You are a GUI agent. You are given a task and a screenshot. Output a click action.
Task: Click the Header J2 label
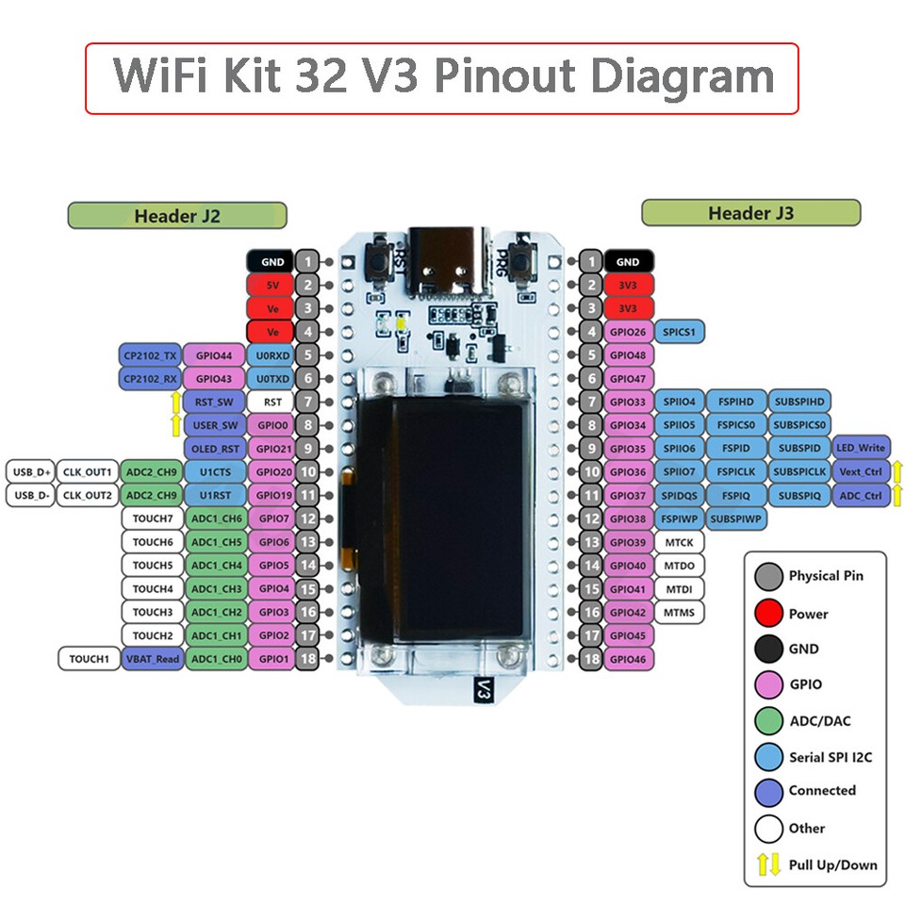click(x=176, y=215)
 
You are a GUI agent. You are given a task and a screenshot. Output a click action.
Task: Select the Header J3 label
click(x=750, y=213)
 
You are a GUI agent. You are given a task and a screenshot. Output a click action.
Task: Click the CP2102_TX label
click(x=149, y=355)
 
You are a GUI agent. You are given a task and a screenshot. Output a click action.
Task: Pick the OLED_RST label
click(x=213, y=448)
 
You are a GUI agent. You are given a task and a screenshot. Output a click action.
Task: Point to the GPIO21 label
click(x=273, y=448)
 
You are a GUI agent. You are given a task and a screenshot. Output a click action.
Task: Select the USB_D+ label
click(x=30, y=471)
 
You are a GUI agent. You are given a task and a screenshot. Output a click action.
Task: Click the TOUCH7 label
click(x=152, y=518)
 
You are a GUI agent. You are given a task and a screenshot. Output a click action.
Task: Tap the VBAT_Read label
click(x=152, y=659)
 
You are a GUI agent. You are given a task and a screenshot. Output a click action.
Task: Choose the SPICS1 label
click(x=678, y=332)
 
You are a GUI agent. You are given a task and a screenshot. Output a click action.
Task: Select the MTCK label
click(x=679, y=542)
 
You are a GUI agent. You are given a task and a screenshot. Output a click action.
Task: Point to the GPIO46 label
click(x=628, y=659)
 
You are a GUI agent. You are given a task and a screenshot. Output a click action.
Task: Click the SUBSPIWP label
click(x=737, y=518)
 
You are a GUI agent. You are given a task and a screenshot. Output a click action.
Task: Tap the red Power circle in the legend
click(x=768, y=614)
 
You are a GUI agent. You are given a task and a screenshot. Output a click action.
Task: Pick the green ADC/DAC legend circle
click(x=768, y=721)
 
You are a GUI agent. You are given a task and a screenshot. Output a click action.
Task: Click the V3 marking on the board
click(x=484, y=689)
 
